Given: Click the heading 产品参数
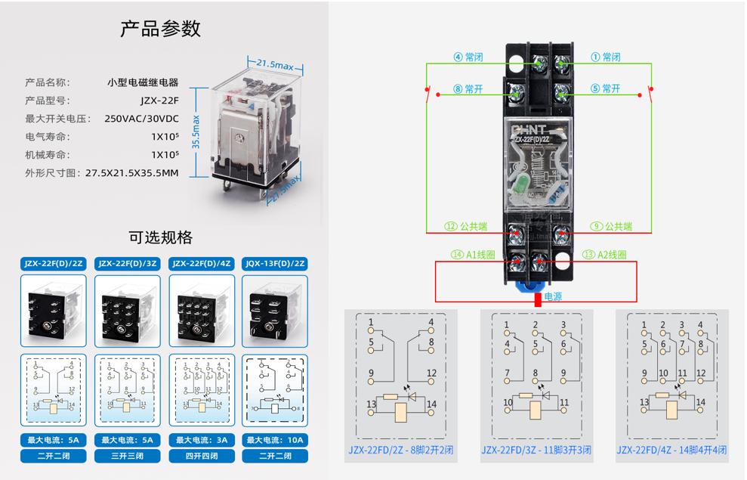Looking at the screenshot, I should coord(161,29).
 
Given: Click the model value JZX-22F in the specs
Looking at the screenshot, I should coord(159,101).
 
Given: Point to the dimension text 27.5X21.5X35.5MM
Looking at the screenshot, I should coord(132,173).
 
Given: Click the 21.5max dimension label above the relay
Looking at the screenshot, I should coord(274,66).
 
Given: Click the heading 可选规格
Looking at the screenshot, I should coord(161,237).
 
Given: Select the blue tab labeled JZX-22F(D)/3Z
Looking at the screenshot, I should coord(126,264).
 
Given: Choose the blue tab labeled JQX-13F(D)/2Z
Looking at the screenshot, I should coord(275,264).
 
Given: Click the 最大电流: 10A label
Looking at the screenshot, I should coord(275,439).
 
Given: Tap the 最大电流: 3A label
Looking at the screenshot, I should coord(201,439).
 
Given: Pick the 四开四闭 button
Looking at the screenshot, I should coord(201,457).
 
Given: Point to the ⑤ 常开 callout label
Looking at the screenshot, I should coord(605,88).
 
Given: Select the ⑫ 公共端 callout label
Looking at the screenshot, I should coord(466,226).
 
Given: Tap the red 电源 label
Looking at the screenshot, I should coord(554,297).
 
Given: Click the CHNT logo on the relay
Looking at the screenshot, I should coord(537,130).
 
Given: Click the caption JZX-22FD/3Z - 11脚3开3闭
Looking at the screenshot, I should coord(536,450).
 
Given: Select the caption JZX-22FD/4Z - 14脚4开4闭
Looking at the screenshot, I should coord(672,450).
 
